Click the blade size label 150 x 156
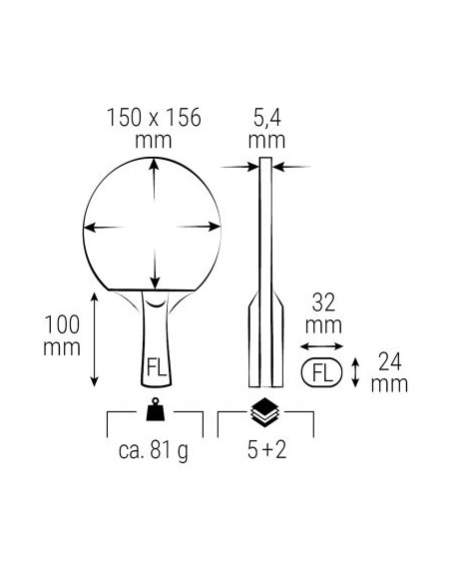[154, 118]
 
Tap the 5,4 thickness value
[267, 118]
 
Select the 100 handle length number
[62, 324]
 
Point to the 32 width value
[323, 302]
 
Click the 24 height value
[390, 361]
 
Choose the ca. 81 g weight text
[154, 450]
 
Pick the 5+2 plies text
[267, 449]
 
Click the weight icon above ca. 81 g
[156, 409]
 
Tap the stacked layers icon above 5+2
[267, 412]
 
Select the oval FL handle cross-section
[321, 372]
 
